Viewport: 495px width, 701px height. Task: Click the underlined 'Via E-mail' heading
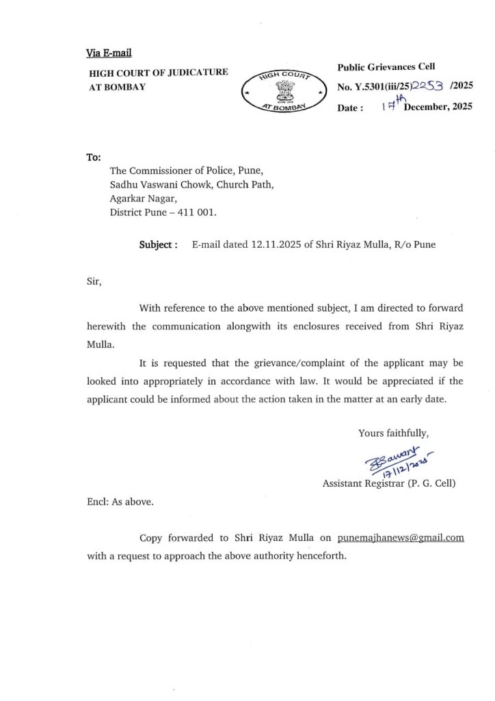[109, 53]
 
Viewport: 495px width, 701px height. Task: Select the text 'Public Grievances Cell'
[386, 66]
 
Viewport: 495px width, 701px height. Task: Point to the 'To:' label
[94, 157]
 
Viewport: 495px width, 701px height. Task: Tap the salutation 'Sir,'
[94, 281]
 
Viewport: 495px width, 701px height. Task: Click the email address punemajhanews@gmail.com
[401, 537]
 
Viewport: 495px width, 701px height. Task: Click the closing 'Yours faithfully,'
[393, 433]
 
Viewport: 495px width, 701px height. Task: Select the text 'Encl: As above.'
[120, 502]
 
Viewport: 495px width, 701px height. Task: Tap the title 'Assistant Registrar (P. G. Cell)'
[389, 483]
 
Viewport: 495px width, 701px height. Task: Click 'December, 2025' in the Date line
[438, 107]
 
